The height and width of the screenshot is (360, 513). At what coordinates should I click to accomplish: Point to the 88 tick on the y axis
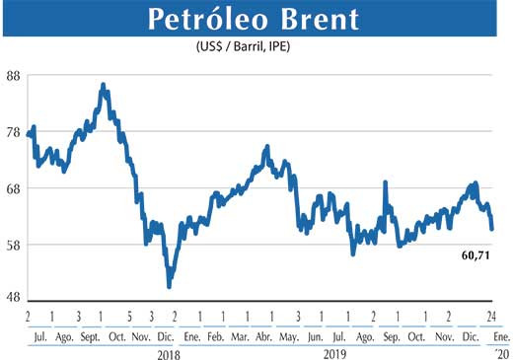(15, 76)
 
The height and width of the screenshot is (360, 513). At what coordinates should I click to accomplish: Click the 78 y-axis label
(15, 132)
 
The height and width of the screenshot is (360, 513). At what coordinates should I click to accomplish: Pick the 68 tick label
(15, 188)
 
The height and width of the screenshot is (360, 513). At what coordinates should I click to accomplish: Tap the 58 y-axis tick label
(15, 245)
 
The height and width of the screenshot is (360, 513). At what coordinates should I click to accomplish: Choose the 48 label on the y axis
(15, 300)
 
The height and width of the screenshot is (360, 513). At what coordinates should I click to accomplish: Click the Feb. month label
(214, 334)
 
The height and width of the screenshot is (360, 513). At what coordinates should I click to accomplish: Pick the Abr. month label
(264, 334)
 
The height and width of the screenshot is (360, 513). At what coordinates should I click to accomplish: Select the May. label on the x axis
(290, 334)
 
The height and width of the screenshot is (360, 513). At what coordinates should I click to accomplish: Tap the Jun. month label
(316, 334)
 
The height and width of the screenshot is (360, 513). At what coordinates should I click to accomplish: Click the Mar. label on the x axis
(239, 334)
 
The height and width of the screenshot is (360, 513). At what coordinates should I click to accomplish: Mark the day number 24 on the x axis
(491, 316)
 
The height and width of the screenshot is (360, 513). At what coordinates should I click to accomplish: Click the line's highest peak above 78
(104, 86)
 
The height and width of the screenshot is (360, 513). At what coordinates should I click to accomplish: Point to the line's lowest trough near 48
(170, 285)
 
